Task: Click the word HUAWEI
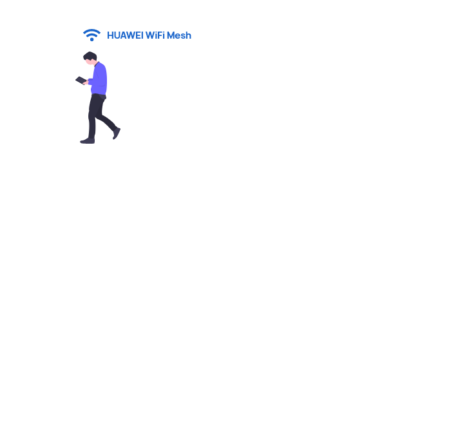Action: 125,35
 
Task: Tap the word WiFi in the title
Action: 155,35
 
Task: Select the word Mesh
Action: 179,35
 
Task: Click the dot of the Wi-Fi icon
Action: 91,39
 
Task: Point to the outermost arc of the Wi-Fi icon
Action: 91,31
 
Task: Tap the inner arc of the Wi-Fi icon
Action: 91,35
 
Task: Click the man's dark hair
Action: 90,55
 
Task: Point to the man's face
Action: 90,62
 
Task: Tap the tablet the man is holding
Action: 81,81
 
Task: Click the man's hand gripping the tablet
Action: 86,82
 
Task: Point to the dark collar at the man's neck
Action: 97,64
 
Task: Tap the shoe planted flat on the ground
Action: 88,140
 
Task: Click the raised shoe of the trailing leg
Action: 117,133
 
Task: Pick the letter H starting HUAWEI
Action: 110,35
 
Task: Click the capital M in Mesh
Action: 171,35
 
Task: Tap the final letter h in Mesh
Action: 188,35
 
